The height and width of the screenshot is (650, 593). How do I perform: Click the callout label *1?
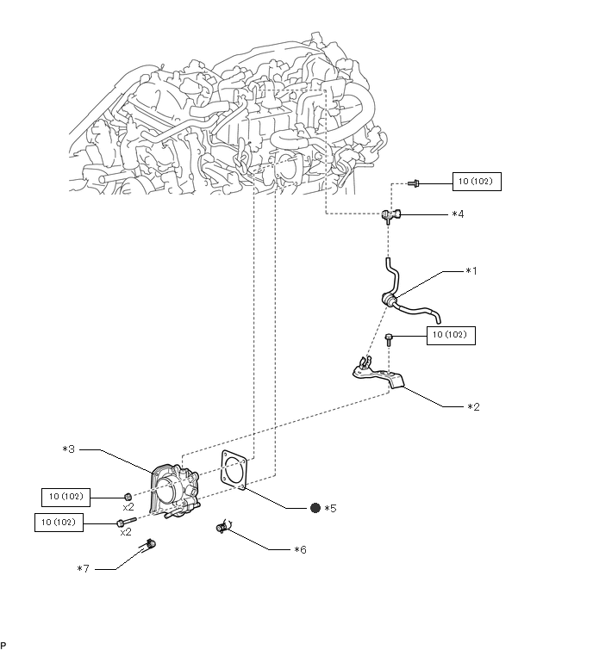[471, 271]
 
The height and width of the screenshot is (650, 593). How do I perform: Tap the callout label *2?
[473, 407]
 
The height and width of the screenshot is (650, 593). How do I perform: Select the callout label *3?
[68, 449]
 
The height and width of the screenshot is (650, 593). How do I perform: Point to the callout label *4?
[459, 214]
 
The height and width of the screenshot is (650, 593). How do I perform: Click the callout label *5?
[330, 508]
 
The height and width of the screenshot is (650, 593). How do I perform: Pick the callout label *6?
[300, 550]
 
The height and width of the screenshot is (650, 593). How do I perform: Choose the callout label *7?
[83, 569]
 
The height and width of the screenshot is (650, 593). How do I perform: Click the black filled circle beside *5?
[315, 508]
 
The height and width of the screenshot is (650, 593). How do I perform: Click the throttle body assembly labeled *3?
[174, 492]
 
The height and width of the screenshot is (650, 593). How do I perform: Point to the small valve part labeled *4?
[391, 215]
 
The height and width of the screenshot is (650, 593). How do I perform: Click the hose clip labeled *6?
[223, 527]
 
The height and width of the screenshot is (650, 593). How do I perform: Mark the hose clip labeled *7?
[148, 544]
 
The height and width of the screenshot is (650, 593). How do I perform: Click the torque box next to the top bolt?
[477, 182]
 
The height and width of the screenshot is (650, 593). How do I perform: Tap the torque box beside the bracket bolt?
[451, 336]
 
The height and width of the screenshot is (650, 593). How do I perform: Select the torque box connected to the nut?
[66, 498]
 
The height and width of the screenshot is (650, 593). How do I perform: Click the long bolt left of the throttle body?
[127, 522]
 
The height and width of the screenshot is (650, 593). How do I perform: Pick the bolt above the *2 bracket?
[390, 339]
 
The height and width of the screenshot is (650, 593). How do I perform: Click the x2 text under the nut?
[128, 507]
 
